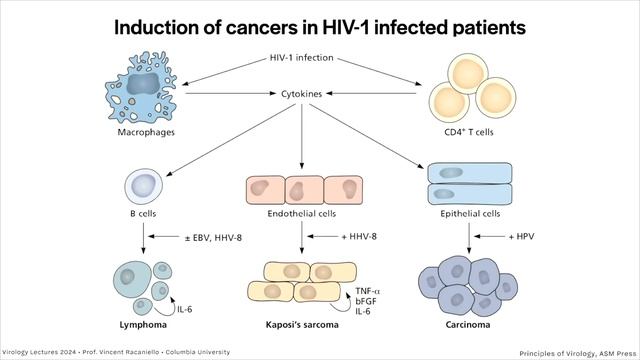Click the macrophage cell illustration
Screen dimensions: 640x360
pyautogui.click(x=141, y=87)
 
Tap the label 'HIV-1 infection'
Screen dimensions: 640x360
pyautogui.click(x=302, y=58)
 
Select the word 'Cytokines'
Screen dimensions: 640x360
pyautogui.click(x=302, y=94)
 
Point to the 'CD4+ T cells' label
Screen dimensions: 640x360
pyautogui.click(x=469, y=132)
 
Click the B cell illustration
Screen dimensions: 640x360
pyautogui.click(x=143, y=186)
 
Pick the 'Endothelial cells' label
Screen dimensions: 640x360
pyautogui.click(x=302, y=213)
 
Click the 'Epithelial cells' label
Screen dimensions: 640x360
pyautogui.click(x=470, y=213)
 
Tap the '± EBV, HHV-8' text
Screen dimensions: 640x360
pyautogui.click(x=213, y=237)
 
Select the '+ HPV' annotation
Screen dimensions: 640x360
pyautogui.click(x=521, y=236)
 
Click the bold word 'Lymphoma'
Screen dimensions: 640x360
pyautogui.click(x=143, y=325)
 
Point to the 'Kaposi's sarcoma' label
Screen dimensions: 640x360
pyautogui.click(x=302, y=325)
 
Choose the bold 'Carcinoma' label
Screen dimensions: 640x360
pyautogui.click(x=468, y=325)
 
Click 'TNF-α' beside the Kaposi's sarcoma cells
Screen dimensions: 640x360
pyautogui.click(x=367, y=291)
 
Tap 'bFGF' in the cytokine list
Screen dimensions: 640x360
pyautogui.click(x=366, y=301)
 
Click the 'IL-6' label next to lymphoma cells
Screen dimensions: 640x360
pyautogui.click(x=184, y=309)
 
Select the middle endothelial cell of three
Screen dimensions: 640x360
pyautogui.click(x=304, y=190)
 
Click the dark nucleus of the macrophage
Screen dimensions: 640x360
pyautogui.click(x=142, y=84)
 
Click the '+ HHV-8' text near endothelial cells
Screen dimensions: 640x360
pyautogui.click(x=359, y=236)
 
